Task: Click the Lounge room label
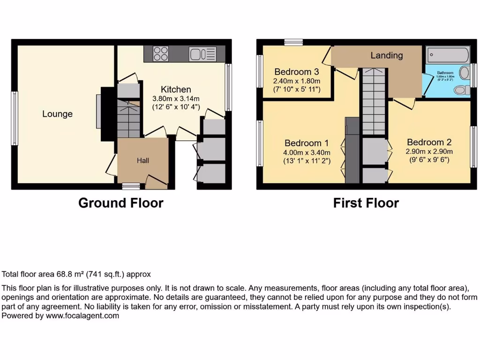pyautogui.click(x=57, y=114)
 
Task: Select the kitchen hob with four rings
pyautogui.click(x=161, y=53)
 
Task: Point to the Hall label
pyautogui.click(x=143, y=161)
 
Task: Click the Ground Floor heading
pyautogui.click(x=120, y=203)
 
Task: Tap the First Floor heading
pyautogui.click(x=366, y=203)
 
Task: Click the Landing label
pyautogui.click(x=386, y=55)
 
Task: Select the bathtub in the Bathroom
pyautogui.click(x=448, y=55)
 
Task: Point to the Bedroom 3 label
pyautogui.click(x=297, y=72)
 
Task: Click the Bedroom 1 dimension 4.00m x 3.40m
pyautogui.click(x=307, y=152)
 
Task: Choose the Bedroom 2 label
pyautogui.click(x=429, y=142)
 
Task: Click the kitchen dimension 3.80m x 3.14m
pyautogui.click(x=176, y=98)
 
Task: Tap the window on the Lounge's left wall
pyautogui.click(x=15, y=118)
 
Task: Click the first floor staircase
pyautogui.click(x=373, y=101)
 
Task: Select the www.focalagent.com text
pyautogui.click(x=82, y=316)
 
